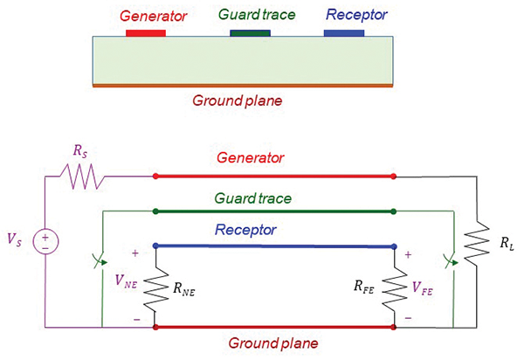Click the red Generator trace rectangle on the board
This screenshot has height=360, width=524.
(146, 32)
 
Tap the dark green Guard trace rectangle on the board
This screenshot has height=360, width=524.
(250, 32)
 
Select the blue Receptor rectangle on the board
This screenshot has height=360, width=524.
(344, 32)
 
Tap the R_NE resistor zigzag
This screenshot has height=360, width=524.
(155, 286)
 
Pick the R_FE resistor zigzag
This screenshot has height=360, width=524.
(395, 286)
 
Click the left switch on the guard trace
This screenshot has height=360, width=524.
(102, 260)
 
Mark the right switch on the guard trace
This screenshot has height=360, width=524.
(451, 260)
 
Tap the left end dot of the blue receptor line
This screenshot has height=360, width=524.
(155, 246)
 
